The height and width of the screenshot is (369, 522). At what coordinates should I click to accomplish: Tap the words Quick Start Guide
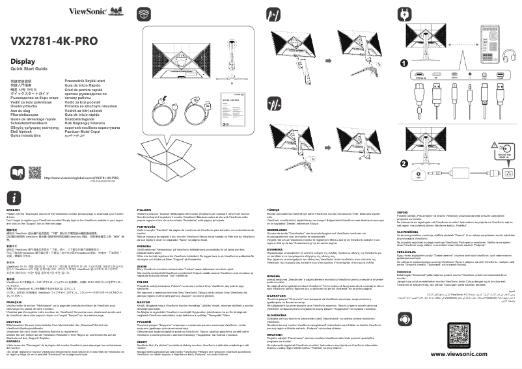pos(26,69)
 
